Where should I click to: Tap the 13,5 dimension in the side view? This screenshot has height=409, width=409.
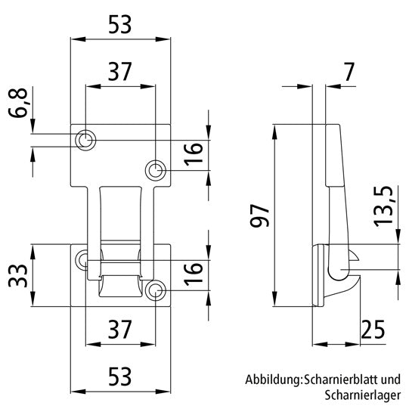coord(385,205)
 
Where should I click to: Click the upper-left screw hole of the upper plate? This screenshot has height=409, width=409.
coord(86,140)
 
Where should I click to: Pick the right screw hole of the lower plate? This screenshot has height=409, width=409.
coord(156,290)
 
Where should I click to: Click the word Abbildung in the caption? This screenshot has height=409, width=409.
coord(272,380)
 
